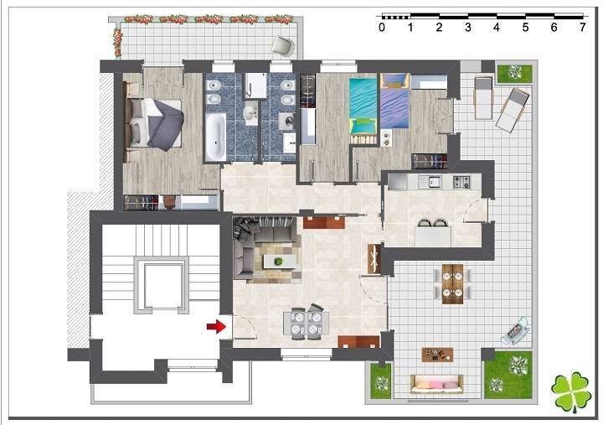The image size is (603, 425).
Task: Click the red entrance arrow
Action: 217,326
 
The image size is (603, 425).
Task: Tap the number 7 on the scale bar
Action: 583,27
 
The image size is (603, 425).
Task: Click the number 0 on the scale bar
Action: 382,27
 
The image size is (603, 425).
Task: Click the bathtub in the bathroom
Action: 215,137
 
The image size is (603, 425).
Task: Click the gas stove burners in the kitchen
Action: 461,181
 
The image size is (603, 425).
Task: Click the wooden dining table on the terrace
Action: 452,283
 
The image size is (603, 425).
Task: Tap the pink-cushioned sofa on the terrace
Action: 436,384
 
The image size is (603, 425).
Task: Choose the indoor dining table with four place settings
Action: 307,324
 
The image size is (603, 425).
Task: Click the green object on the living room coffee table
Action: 278,262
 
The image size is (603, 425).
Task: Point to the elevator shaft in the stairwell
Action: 161,285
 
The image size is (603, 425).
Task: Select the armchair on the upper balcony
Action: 283,46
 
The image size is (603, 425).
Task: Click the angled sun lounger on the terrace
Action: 512,111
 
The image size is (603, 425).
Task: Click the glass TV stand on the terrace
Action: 515,330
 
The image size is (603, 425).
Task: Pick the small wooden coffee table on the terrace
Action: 437,355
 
